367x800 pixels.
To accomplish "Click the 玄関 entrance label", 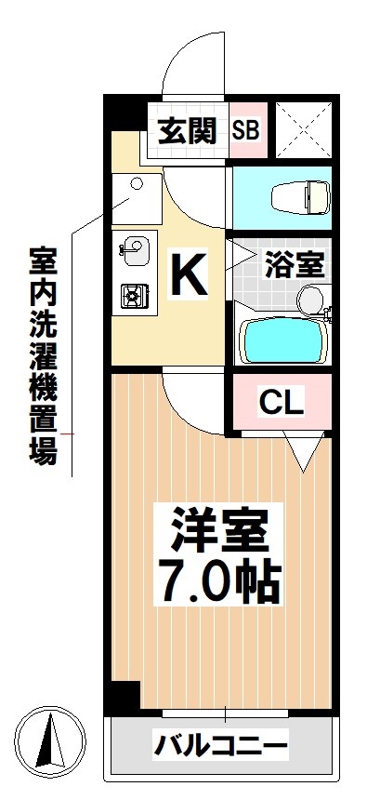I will pos(187,131).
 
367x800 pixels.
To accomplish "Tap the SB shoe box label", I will pos(246,131).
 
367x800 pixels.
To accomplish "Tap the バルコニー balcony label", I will pos(221,744).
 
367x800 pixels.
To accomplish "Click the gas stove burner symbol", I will pos(131,297).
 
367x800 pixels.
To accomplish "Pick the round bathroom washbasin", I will pos(309,298).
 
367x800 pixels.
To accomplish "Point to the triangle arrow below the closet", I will pos(302,454).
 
